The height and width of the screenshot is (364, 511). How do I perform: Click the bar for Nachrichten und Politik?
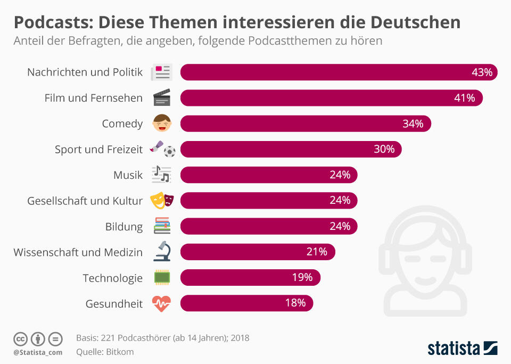[339, 72]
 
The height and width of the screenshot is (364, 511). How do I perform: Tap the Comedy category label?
[122, 124]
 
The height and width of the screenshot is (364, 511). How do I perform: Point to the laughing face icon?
[162, 123]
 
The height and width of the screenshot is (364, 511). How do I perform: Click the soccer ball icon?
[169, 151]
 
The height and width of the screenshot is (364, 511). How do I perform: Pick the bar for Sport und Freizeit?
[291, 149]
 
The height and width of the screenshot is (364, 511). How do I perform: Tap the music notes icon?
[162, 174]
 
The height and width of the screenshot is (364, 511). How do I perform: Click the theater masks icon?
[162, 200]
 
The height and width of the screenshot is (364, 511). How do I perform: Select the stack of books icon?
[162, 226]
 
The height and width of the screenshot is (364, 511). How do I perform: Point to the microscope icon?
[162, 251]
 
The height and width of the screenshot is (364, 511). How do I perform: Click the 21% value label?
[317, 252]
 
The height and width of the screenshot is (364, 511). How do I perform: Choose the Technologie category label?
[113, 278]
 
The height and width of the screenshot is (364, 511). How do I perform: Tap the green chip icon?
[162, 277]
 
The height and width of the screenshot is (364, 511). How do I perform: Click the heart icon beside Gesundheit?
[162, 303]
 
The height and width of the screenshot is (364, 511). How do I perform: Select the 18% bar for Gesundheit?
[246, 303]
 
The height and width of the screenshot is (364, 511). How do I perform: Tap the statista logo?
[463, 348]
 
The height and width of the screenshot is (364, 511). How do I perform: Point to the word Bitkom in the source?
[120, 352]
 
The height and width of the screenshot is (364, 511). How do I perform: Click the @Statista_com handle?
[38, 352]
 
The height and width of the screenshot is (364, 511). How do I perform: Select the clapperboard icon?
[162, 97]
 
